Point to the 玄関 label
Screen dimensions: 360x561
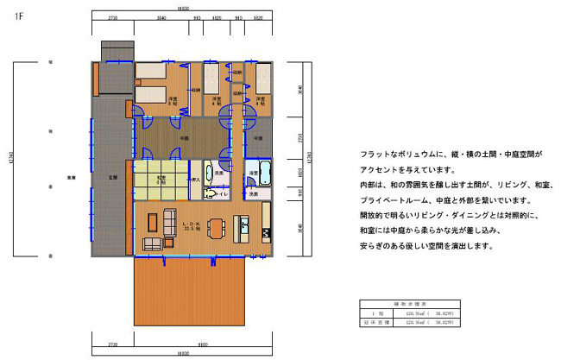point(112,178)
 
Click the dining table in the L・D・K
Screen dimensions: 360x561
point(216,229)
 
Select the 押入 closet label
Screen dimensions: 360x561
point(195,180)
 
